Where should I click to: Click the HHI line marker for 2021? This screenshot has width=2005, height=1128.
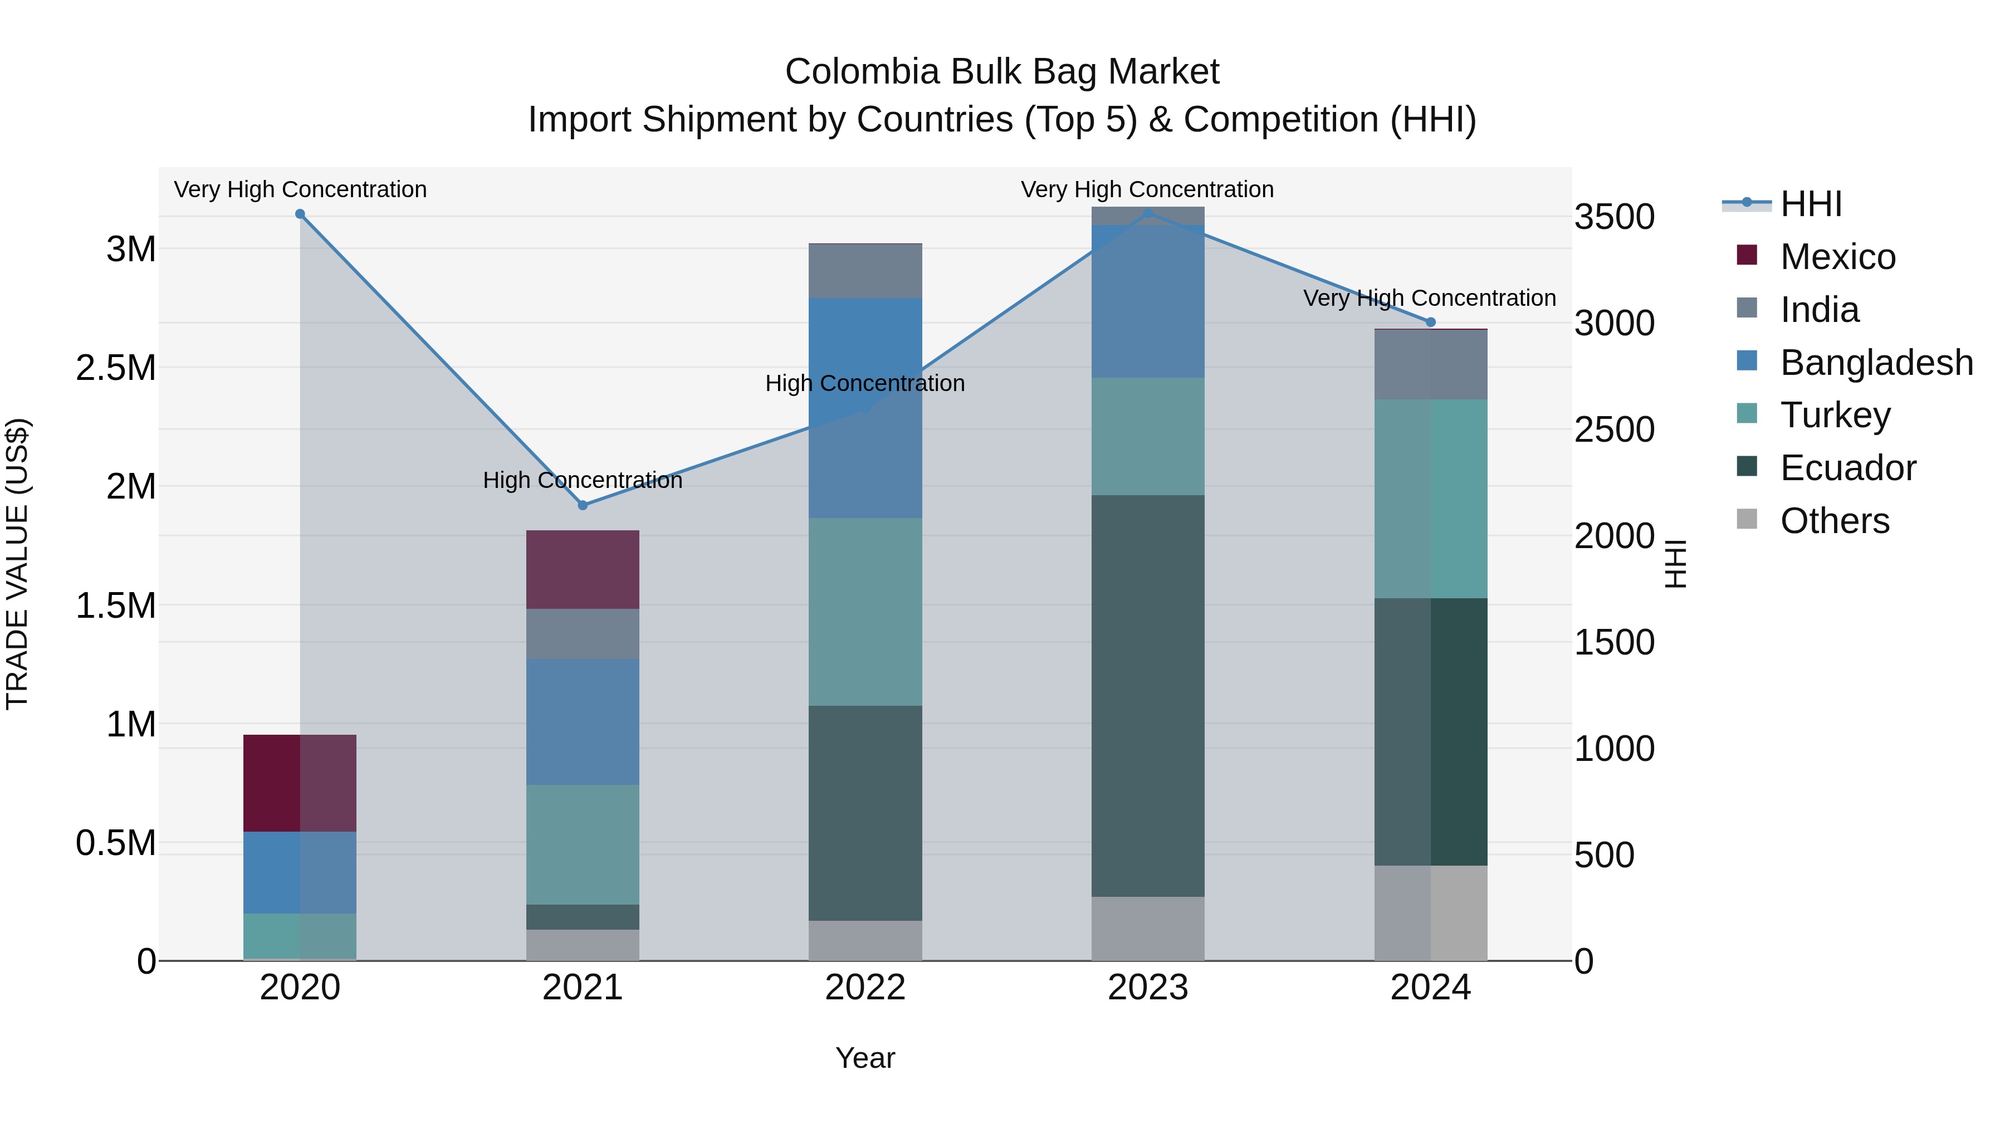click(583, 505)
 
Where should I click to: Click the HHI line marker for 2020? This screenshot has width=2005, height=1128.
click(300, 214)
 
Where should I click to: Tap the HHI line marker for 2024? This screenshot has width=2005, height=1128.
click(1431, 323)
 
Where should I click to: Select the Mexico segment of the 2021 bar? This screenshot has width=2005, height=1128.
click(583, 570)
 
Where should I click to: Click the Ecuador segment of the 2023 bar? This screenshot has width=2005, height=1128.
click(1148, 696)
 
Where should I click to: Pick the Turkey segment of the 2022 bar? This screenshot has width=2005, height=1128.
click(865, 612)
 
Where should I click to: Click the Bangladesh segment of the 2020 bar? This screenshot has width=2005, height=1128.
click(300, 873)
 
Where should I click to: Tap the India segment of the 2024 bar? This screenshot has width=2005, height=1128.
click(1431, 365)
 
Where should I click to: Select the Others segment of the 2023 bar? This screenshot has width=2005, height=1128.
click(1148, 929)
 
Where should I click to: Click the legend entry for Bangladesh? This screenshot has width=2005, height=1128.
click(1876, 363)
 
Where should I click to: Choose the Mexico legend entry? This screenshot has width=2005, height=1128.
click(1837, 257)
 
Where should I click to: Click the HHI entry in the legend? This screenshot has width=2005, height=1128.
click(1811, 204)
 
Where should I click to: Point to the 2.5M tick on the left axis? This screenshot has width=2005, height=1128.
click(116, 368)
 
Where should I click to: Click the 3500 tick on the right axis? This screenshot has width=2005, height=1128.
click(1614, 217)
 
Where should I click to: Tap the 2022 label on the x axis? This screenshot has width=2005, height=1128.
click(865, 988)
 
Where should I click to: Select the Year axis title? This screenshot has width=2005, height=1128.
click(865, 1058)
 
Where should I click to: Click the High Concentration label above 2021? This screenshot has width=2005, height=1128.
click(583, 480)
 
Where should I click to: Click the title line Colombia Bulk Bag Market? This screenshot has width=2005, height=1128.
click(1002, 72)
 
